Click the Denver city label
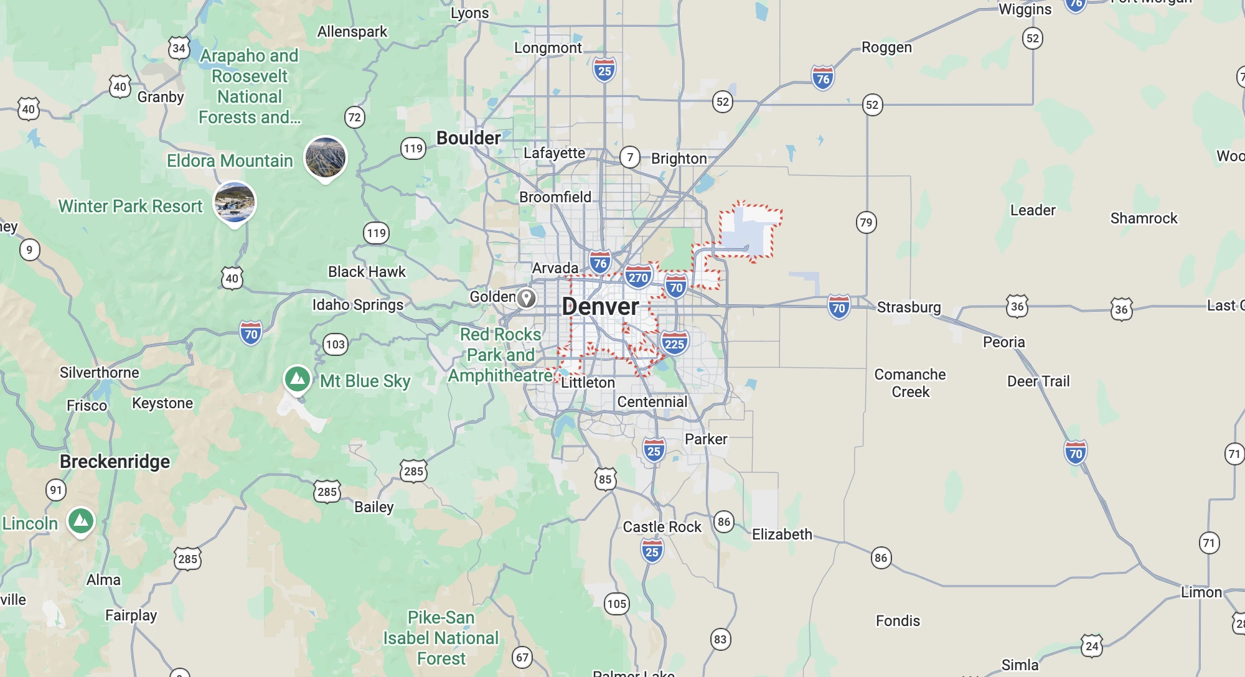[x=600, y=306]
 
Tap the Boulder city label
[x=468, y=138]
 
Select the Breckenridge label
[x=115, y=462]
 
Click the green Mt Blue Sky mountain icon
[x=298, y=378]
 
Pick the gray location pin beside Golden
[x=527, y=298]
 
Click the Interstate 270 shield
[x=638, y=278]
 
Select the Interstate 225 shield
[x=674, y=343]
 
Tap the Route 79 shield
[x=866, y=222]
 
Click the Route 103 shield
[x=335, y=344]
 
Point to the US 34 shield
[x=179, y=48]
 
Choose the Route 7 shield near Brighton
[x=630, y=157]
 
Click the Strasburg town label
[x=909, y=307]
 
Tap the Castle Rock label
[x=662, y=527]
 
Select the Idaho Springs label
[x=358, y=305]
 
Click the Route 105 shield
[x=616, y=604]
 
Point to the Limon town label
[x=1201, y=592]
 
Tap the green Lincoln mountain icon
[x=81, y=520]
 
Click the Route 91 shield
[x=56, y=490]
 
